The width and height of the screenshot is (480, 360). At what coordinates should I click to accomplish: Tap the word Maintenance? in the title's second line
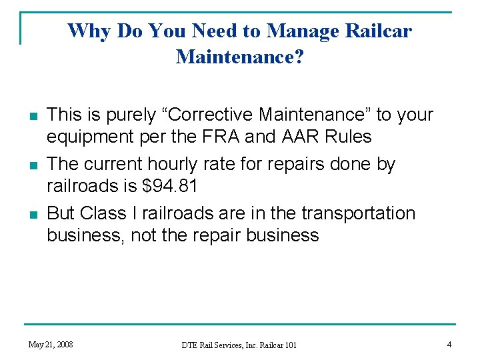pyautogui.click(x=240, y=57)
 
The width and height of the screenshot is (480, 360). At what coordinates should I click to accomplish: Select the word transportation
pyautogui.click(x=358, y=213)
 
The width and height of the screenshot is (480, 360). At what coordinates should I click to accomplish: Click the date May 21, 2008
pyautogui.click(x=51, y=344)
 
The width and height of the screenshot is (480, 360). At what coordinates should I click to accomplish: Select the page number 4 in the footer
pyautogui.click(x=449, y=344)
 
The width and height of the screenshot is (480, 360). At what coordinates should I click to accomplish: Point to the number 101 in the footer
pyautogui.click(x=289, y=345)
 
